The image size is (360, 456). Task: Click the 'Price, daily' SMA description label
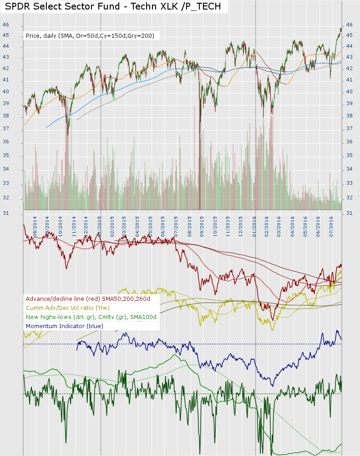coord(90,35)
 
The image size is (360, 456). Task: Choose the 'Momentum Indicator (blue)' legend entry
coord(65,326)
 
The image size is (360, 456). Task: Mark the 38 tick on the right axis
coord(350,116)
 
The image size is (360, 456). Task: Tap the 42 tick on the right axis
coord(350,68)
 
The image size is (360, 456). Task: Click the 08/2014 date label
coord(35,225)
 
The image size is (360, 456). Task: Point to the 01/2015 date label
coord(99,225)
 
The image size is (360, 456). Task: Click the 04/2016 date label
coord(292,225)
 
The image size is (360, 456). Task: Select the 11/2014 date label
coord(74,225)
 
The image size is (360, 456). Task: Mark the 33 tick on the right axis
coord(350,183)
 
